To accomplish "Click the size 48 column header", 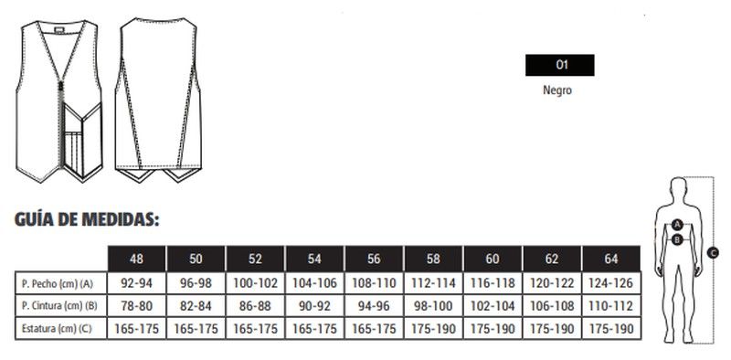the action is click(x=136, y=259).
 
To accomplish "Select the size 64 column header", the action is click(x=611, y=259).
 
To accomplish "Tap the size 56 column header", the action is click(x=374, y=259).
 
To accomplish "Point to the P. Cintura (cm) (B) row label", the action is click(x=59, y=306).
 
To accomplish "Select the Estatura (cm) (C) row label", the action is click(x=57, y=328).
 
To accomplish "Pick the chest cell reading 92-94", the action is click(x=136, y=283).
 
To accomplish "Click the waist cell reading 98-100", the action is click(x=433, y=306).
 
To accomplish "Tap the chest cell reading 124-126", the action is click(x=611, y=283).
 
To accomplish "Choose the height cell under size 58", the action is click(x=433, y=328).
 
